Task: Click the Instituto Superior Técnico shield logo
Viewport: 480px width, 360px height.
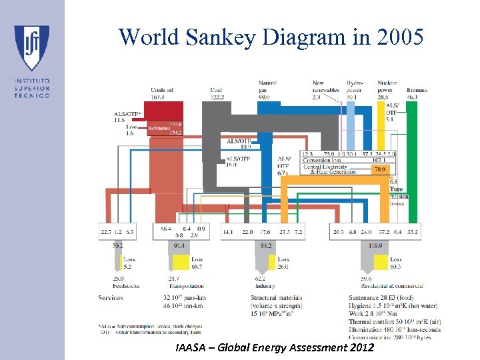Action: [31, 49]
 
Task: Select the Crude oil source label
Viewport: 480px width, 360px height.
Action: [161, 90]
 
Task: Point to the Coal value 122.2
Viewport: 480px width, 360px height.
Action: [218, 97]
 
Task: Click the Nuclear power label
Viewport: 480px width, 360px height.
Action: [387, 87]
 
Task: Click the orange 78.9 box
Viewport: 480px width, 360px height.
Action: [378, 170]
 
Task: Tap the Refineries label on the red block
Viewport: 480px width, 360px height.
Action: [159, 128]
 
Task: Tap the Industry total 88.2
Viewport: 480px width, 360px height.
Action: [265, 246]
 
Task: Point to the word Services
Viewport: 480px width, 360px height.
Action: [110, 297]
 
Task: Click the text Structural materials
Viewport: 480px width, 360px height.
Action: [276, 297]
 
